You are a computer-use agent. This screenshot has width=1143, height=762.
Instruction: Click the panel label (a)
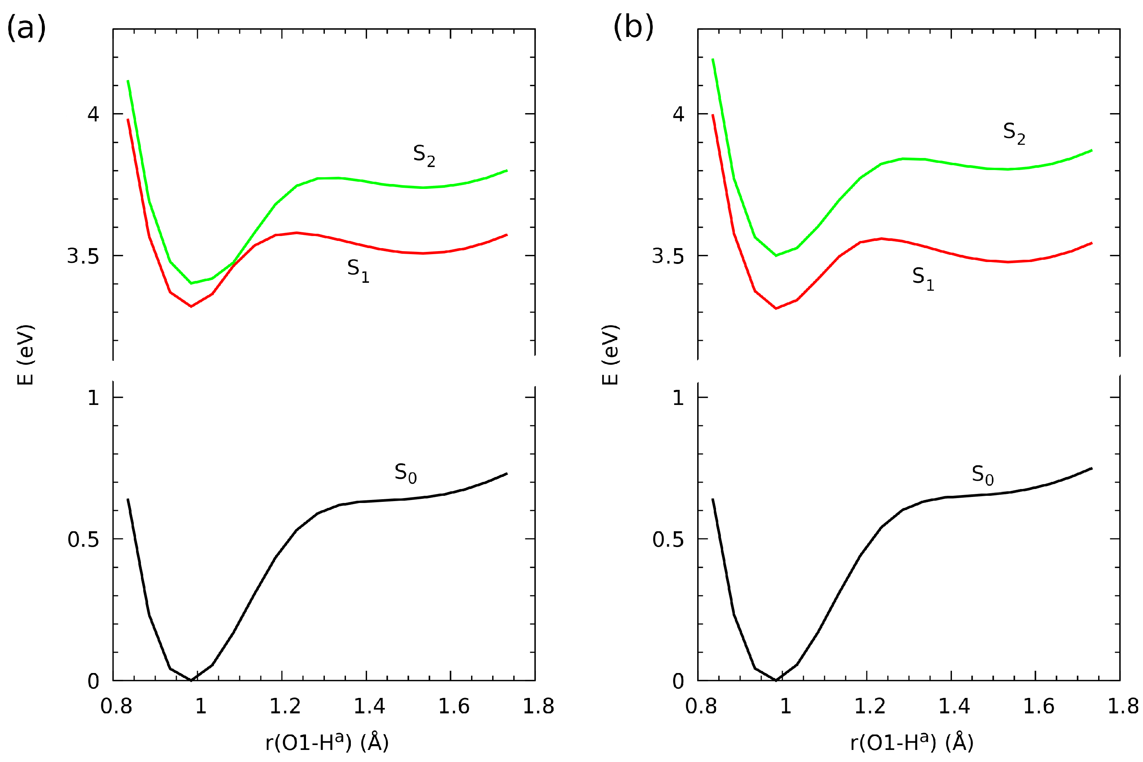tap(26, 27)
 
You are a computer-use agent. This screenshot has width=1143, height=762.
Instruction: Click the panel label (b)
tap(633, 27)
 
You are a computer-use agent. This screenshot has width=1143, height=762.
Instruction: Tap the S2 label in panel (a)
tap(424, 155)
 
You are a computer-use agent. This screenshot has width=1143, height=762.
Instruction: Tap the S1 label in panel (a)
tap(358, 270)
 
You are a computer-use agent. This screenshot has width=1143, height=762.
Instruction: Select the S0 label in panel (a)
tap(405, 473)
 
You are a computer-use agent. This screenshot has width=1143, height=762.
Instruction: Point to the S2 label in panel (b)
tap(1014, 133)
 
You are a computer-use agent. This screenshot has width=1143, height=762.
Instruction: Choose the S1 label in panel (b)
tap(923, 279)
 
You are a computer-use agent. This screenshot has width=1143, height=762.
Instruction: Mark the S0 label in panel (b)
tap(982, 475)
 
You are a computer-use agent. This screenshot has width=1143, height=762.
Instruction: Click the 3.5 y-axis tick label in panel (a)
tap(83, 256)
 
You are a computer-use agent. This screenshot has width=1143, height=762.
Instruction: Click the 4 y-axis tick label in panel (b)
tap(678, 114)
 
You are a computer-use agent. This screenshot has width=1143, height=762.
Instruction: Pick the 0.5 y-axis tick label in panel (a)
tap(83, 540)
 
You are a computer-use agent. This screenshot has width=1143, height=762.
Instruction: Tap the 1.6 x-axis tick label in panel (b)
tap(1039, 706)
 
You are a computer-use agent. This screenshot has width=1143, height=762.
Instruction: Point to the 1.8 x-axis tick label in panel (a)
tap(538, 706)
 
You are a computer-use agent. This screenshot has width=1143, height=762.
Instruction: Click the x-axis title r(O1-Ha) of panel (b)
tap(911, 742)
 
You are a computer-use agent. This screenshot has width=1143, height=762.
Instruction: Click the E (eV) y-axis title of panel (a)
tap(25, 355)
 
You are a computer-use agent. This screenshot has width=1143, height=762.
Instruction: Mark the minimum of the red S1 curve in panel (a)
tap(191, 306)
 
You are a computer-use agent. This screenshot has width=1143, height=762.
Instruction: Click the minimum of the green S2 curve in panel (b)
tap(776, 255)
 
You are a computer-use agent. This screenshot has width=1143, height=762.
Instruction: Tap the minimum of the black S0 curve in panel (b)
tap(776, 680)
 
